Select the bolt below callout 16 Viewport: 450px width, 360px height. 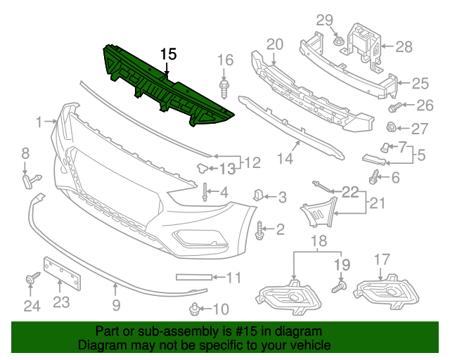point(224,90)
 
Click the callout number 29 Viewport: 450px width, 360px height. point(323,20)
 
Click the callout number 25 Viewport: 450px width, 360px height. point(420,84)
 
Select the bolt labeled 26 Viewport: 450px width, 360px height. point(394,108)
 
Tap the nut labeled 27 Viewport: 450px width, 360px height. point(393,128)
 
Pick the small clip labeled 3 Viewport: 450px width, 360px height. point(257,195)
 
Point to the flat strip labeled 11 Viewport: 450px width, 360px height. point(192,277)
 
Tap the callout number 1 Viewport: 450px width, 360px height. point(39,123)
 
